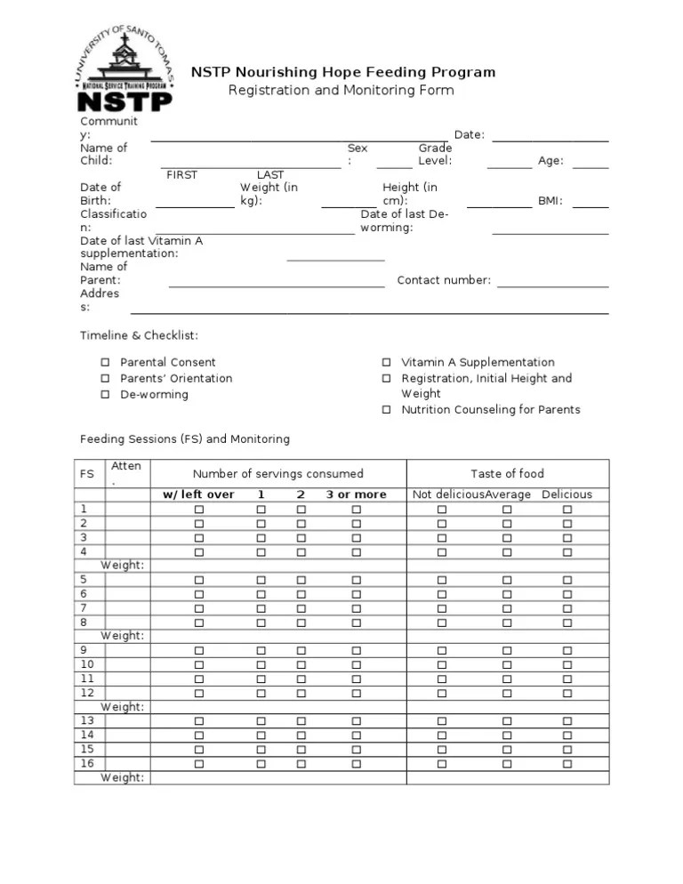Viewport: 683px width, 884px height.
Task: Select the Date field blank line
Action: click(550, 141)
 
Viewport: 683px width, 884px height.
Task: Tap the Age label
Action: click(550, 161)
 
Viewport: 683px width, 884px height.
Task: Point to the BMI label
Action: click(550, 201)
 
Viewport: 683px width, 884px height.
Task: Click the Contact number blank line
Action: click(552, 286)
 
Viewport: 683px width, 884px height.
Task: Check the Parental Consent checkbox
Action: click(105, 363)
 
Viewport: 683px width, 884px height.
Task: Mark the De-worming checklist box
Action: click(105, 395)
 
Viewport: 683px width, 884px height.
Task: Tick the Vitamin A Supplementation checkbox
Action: click(387, 363)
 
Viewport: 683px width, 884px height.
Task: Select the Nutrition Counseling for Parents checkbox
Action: click(387, 410)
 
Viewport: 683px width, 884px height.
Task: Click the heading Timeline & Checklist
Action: click(139, 335)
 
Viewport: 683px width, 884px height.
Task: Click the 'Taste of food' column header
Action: click(507, 474)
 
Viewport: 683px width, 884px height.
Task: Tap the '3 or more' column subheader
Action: click(356, 494)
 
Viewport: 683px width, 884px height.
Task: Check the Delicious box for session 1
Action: click(566, 510)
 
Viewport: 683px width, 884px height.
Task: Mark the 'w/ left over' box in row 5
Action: click(199, 580)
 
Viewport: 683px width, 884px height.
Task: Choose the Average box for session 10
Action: click(507, 665)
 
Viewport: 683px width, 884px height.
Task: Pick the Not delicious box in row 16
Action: click(442, 764)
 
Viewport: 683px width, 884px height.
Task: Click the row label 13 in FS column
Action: click(87, 721)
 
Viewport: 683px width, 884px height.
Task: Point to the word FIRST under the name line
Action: click(182, 175)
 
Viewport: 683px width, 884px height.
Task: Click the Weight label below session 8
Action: click(123, 636)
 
